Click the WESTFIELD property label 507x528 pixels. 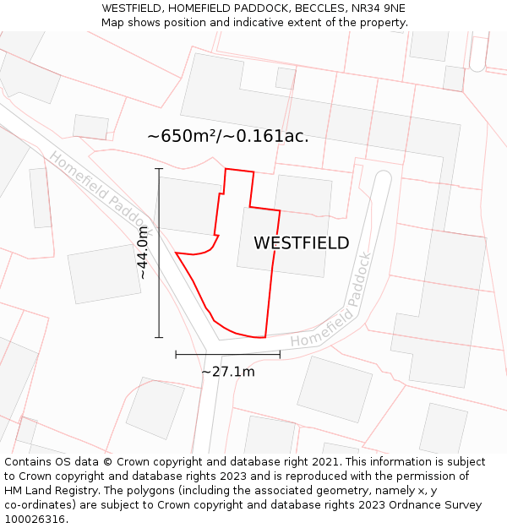[301, 243]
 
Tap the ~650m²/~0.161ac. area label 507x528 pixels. [228, 136]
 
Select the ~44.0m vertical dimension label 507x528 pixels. [143, 253]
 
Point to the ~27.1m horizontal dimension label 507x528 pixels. [228, 371]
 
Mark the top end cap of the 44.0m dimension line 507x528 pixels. [159, 169]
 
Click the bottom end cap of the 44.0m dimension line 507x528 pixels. [159, 337]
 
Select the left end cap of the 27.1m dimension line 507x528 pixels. [176, 355]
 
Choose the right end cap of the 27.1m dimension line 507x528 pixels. [280, 355]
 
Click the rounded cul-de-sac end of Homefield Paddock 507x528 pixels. [382, 178]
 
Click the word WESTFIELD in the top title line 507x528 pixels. [131, 8]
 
